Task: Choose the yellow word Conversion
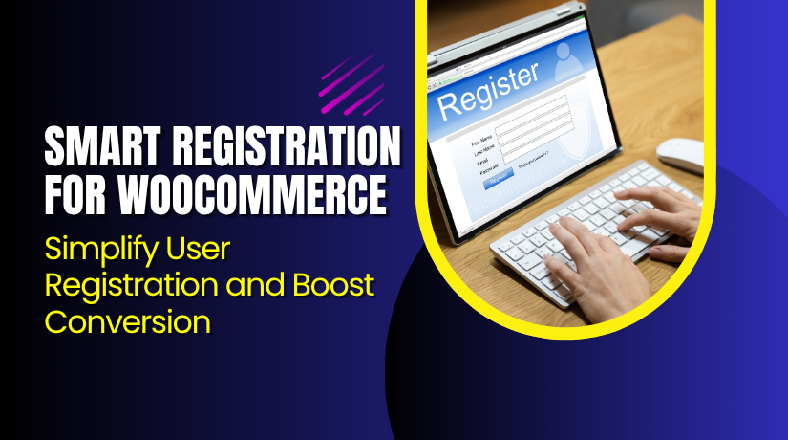pyautogui.click(x=128, y=319)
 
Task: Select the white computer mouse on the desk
pyautogui.click(x=681, y=154)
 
